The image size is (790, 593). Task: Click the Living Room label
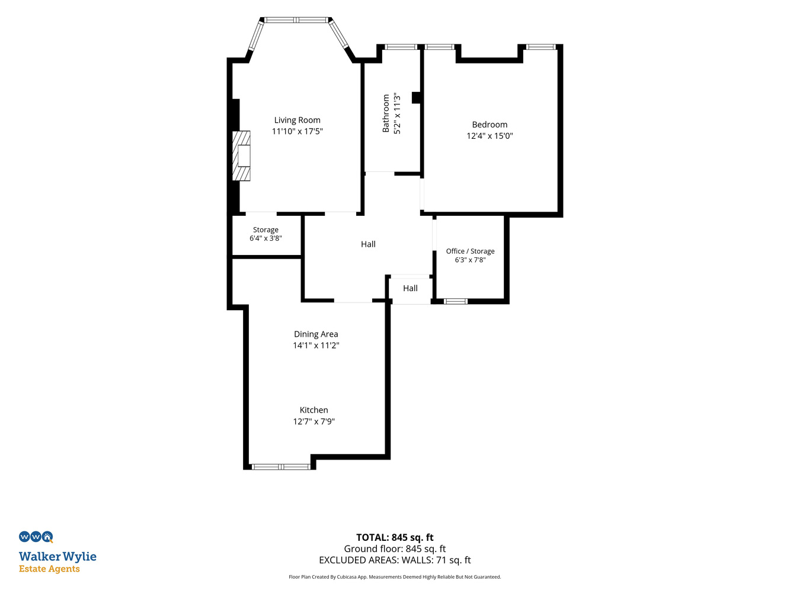[297, 120]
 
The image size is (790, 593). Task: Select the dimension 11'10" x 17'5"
[297, 131]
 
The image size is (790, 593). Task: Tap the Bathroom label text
[386, 113]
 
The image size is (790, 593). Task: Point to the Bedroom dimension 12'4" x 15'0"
[490, 136]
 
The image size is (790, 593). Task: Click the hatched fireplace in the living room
[241, 156]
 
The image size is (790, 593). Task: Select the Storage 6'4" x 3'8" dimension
[266, 238]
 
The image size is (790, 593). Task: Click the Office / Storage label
[470, 251]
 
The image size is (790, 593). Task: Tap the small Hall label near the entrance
[410, 288]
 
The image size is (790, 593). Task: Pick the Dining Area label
[316, 334]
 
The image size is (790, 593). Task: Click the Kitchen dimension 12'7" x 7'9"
[314, 421]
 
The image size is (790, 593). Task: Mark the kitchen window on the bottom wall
[281, 467]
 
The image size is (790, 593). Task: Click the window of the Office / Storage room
[455, 301]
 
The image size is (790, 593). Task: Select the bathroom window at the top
[401, 47]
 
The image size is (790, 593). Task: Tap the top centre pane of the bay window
[296, 20]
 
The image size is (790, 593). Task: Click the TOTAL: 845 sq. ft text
[395, 537]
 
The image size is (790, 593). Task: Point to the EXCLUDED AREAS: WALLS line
[395, 560]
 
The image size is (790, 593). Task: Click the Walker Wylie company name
[57, 557]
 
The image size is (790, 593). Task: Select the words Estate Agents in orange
[49, 569]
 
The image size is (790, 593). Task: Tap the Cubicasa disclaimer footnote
[395, 577]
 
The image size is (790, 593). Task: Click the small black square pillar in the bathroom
[416, 98]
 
